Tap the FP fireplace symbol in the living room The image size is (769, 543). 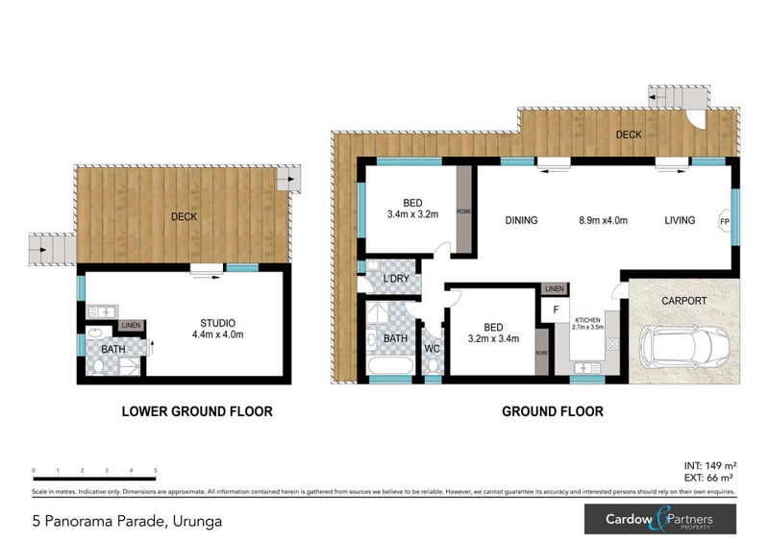(x=724, y=220)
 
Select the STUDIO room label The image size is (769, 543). (x=218, y=322)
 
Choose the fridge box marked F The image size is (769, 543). (x=555, y=310)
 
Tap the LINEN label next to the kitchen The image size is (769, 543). (x=554, y=288)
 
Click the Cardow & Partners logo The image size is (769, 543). (x=660, y=520)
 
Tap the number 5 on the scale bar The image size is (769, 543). (x=156, y=471)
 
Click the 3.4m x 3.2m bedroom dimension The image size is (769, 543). (x=412, y=214)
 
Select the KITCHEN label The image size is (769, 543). (x=588, y=318)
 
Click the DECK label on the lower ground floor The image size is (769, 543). (x=184, y=216)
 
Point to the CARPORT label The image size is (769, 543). (x=683, y=301)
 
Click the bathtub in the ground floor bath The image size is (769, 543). (x=388, y=366)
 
